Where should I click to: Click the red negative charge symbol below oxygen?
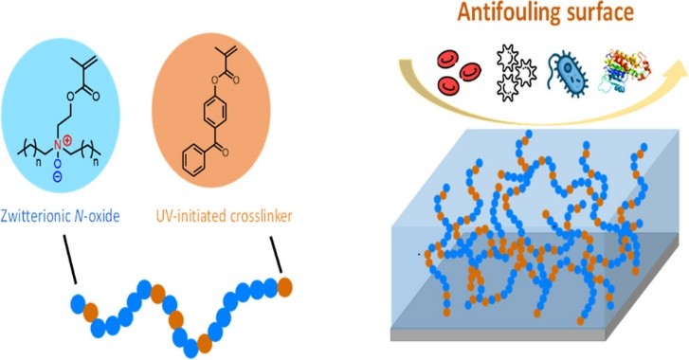point(83,177)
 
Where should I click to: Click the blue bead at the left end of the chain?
point(78,303)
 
